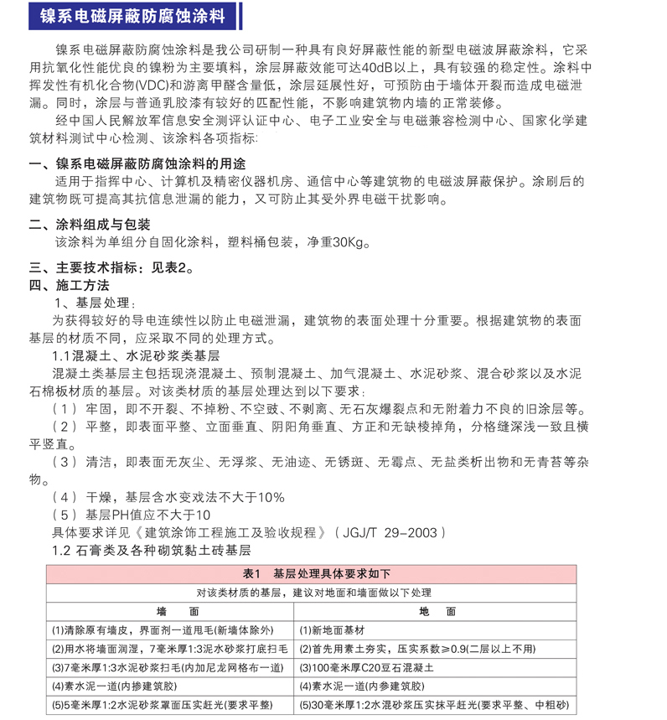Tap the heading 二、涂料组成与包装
90,225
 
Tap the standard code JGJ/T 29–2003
387,532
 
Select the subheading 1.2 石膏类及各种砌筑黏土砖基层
151,551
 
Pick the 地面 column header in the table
437,612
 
